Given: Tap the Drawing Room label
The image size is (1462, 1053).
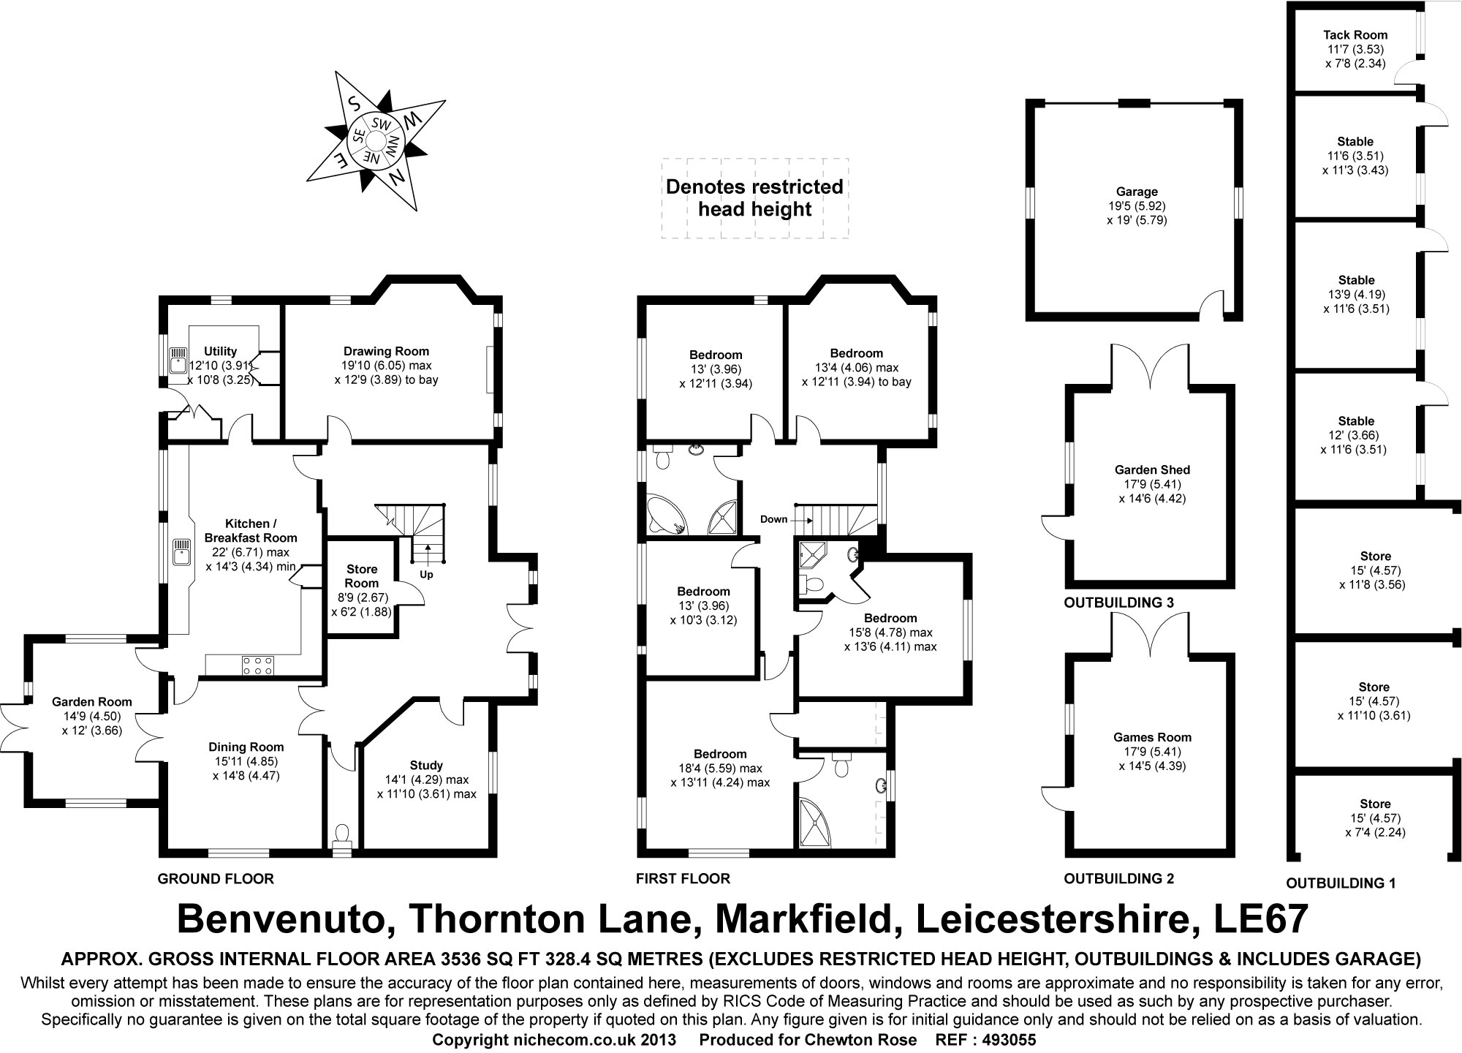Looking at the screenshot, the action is click(x=386, y=352).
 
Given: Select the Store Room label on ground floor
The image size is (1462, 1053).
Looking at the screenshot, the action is click(x=362, y=575).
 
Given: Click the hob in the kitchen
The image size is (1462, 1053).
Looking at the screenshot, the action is click(x=258, y=665).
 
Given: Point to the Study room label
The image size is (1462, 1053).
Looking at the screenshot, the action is click(x=426, y=766).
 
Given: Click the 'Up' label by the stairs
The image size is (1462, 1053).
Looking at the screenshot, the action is click(x=426, y=575).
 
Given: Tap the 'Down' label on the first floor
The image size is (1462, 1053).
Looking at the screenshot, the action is click(x=773, y=519).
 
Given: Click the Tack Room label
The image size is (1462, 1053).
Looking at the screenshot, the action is click(x=1355, y=35).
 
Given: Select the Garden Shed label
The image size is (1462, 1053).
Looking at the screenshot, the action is click(x=1152, y=470).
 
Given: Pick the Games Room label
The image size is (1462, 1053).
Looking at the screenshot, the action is click(x=1152, y=737).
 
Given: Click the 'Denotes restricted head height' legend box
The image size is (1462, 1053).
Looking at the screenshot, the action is click(x=754, y=198).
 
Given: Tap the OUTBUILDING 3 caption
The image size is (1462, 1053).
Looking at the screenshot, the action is click(x=1118, y=603).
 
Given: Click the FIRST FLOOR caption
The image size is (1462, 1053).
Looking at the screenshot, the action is click(x=683, y=878).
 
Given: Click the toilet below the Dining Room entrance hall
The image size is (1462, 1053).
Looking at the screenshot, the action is click(x=341, y=834).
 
